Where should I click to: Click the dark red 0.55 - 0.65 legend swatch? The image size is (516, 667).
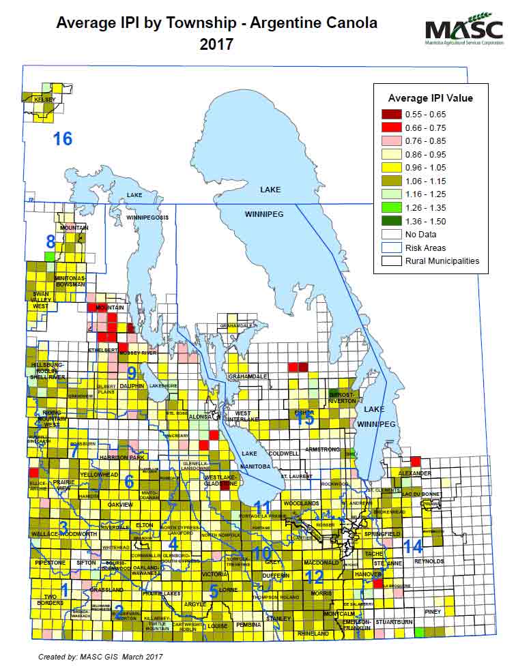[391, 113]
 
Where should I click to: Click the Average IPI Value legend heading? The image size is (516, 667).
[430, 98]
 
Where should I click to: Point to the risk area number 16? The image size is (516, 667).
[63, 139]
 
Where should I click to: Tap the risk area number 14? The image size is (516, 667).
[412, 546]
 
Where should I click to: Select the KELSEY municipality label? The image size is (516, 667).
[44, 100]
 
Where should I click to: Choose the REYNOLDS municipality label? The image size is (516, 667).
[429, 561]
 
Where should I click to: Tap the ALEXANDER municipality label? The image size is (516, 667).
[414, 473]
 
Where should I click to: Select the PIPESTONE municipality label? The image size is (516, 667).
[50, 563]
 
